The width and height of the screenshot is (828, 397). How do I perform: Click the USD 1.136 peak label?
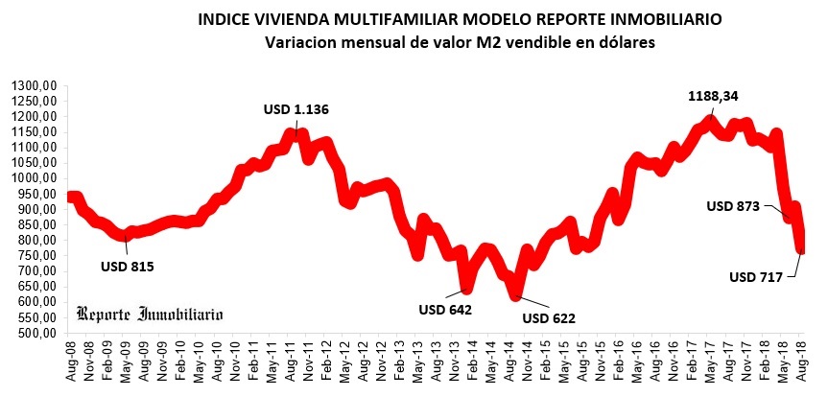(x=296, y=109)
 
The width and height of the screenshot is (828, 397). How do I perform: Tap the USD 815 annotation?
(x=127, y=266)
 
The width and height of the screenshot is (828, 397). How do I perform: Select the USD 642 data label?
(x=445, y=309)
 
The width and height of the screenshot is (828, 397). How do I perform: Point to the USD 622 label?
(x=548, y=317)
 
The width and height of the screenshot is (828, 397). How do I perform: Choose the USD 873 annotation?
(x=733, y=205)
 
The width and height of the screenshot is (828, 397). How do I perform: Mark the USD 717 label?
(x=756, y=278)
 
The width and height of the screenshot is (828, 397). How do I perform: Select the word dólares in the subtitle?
(x=624, y=42)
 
